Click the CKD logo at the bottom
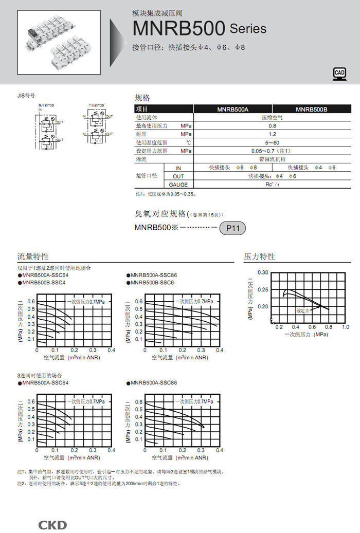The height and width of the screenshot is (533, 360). (52, 525)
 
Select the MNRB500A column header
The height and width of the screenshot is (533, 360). (232, 109)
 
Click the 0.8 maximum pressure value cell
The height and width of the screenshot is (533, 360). (272, 125)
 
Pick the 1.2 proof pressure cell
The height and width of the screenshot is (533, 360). (272, 134)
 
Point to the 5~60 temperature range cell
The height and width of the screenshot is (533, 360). (272, 142)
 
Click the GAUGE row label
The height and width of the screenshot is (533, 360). (178, 185)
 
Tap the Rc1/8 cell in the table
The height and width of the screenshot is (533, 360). (272, 185)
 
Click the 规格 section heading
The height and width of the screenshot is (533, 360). (142, 98)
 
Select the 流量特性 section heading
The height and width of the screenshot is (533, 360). (33, 256)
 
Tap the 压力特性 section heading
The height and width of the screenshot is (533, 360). (259, 256)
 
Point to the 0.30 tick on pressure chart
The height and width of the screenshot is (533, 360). (263, 272)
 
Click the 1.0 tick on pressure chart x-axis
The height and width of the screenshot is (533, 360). (346, 327)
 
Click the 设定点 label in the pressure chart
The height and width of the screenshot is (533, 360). (303, 311)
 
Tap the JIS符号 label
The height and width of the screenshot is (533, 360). (26, 96)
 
